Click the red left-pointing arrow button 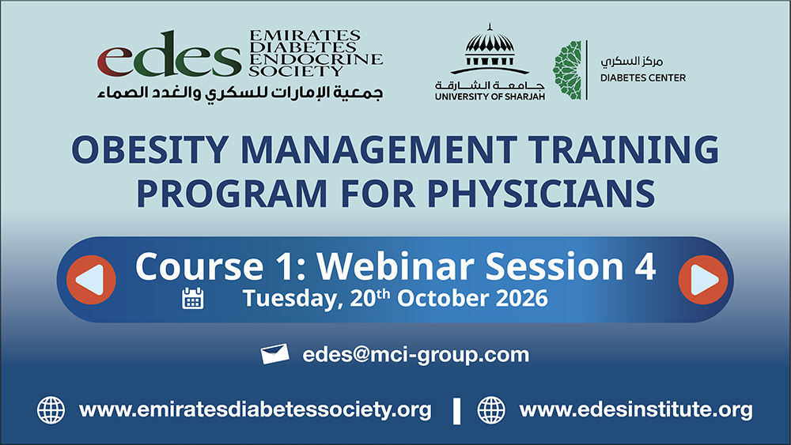coord(91,280)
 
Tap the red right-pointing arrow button coord(703,280)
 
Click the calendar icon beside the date coord(193,298)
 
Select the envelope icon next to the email coord(275,354)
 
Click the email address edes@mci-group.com coord(416,355)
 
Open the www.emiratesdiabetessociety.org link coord(255,409)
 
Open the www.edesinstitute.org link coord(636,409)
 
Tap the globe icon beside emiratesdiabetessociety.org coord(51,409)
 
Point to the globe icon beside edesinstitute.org coord(491,409)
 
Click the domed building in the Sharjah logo coord(490,49)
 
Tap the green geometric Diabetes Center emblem coord(567,70)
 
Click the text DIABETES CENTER coord(642,78)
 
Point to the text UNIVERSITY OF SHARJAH coord(490,96)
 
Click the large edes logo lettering coord(169,55)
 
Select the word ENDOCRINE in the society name coord(316,59)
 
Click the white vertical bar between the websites coord(457,411)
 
